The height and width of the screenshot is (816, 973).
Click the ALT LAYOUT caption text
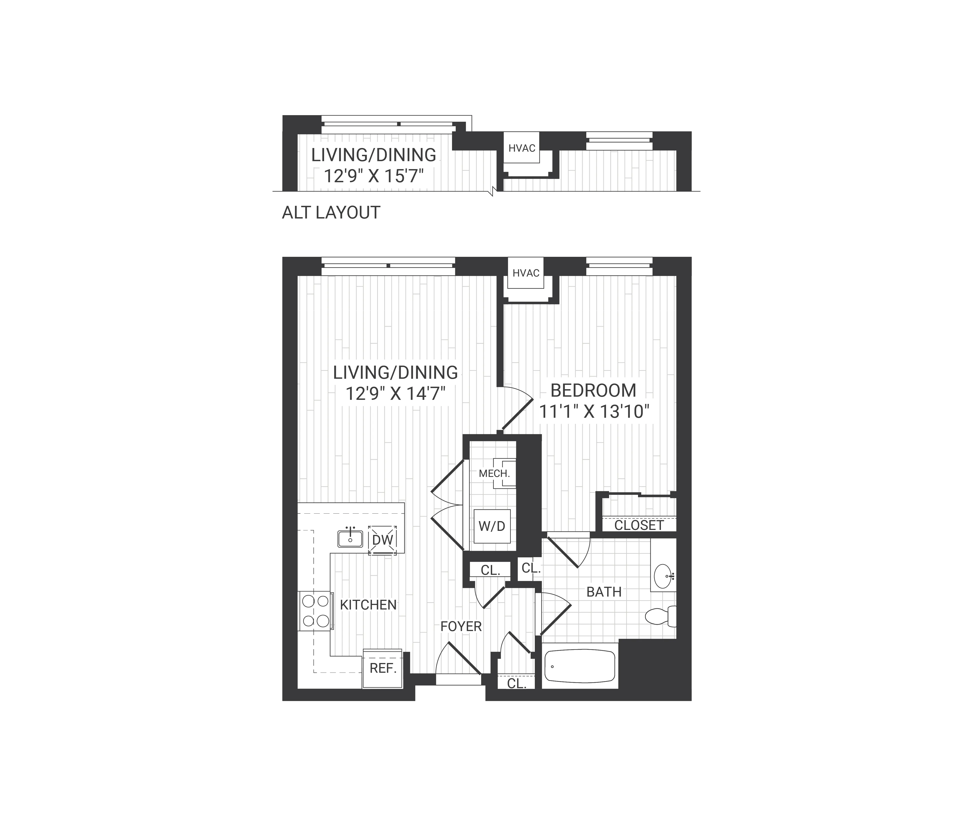pos(331,213)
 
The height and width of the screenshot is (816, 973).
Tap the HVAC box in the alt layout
pos(522,148)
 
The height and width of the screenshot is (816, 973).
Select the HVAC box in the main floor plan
pos(526,273)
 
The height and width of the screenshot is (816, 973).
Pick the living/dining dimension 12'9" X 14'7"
pos(395,394)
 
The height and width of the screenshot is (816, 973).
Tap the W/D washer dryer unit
pos(491,526)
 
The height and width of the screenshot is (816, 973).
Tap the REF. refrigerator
pos(383,668)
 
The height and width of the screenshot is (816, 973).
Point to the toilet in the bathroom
pos(660,616)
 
